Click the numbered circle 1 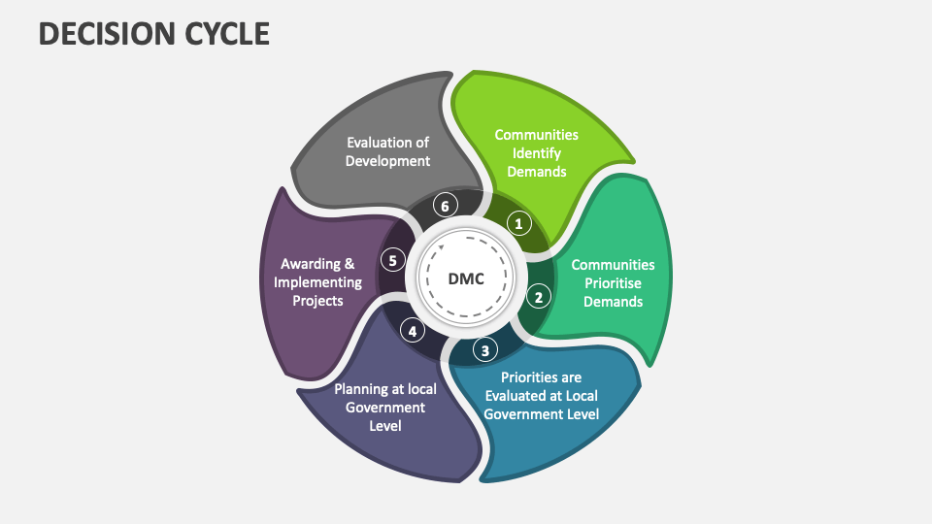[519, 223]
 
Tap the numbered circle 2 [538, 296]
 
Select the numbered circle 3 [484, 349]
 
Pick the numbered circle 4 [413, 331]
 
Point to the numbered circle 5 [392, 260]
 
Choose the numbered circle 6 [445, 205]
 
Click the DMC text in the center [465, 279]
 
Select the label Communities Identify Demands [536, 152]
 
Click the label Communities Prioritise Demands [613, 282]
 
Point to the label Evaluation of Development [387, 151]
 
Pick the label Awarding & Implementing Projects [317, 281]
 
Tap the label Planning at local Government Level [385, 407]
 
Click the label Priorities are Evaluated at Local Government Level [541, 394]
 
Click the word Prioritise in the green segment [613, 282]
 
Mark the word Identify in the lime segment [536, 153]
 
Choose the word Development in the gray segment [387, 161]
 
